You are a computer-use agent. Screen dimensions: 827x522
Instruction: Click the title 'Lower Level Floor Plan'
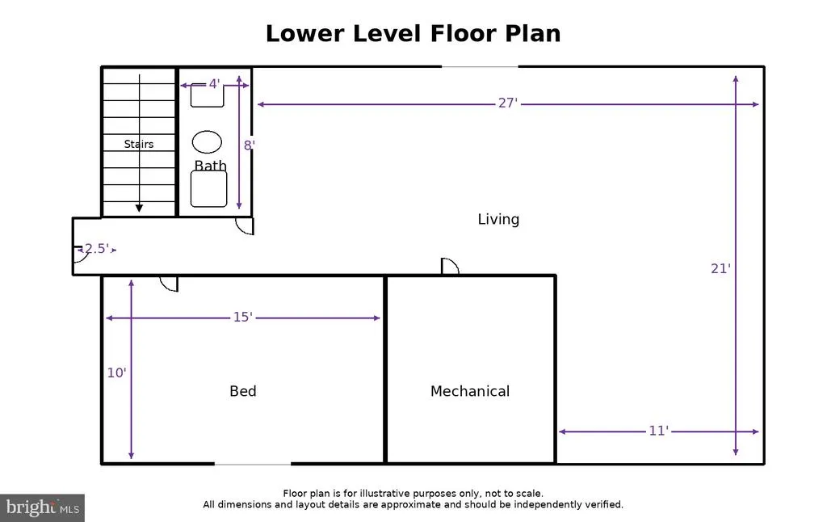click(x=413, y=33)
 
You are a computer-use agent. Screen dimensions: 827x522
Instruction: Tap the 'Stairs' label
click(x=139, y=144)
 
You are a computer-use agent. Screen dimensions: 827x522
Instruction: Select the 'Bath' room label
click(x=211, y=166)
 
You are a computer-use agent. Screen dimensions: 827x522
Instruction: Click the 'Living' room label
click(x=498, y=219)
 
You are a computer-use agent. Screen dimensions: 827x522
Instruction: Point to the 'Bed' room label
click(x=243, y=391)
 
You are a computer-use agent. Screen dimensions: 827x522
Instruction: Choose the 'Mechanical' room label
click(x=470, y=391)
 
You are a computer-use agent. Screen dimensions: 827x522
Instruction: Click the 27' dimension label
click(x=508, y=103)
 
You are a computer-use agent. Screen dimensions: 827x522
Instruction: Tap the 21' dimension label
click(x=720, y=268)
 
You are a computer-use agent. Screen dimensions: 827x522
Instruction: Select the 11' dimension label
click(x=658, y=431)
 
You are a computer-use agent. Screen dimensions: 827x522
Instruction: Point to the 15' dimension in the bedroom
click(x=242, y=317)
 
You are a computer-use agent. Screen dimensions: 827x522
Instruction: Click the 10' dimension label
click(x=116, y=373)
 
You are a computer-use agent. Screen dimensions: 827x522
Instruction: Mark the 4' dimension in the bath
click(x=214, y=84)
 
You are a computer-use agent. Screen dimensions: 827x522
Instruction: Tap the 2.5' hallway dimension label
click(x=97, y=249)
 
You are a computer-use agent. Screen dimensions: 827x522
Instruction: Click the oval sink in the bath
click(x=207, y=142)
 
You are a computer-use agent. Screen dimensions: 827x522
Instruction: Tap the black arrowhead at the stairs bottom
click(x=139, y=208)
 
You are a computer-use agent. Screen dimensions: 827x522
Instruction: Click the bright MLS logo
click(x=42, y=507)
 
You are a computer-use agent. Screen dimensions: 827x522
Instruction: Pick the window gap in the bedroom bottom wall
click(x=253, y=464)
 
